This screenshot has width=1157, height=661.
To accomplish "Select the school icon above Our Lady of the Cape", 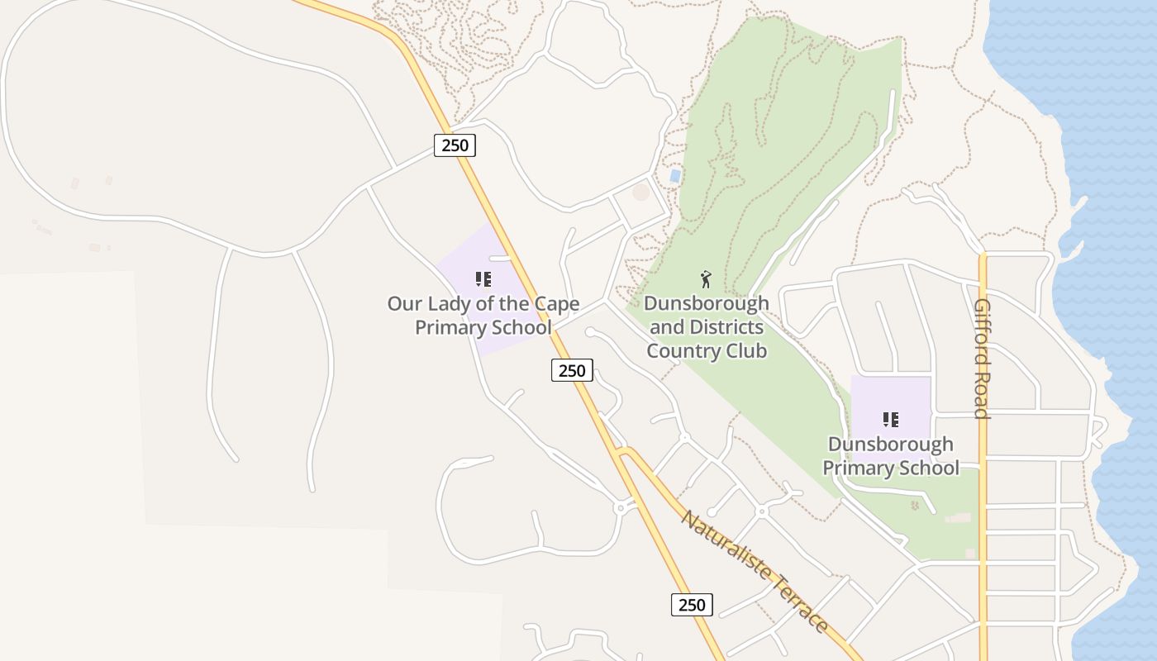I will tap(483, 279).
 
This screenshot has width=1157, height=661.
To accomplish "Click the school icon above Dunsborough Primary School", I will tap(890, 420).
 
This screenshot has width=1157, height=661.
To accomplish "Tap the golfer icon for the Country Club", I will tap(705, 278).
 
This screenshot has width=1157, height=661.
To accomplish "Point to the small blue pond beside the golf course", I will tap(675, 176).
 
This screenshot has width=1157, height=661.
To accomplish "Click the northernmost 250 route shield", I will tap(455, 145).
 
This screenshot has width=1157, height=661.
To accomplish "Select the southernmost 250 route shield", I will tap(691, 605).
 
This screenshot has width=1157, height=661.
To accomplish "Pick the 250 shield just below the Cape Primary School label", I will tap(572, 370).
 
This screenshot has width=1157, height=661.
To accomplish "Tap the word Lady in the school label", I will tap(448, 304).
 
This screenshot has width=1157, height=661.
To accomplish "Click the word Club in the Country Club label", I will tap(745, 351).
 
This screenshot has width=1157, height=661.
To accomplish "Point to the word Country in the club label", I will tap(681, 351).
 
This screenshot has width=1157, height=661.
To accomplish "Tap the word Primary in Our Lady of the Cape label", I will tap(449, 328).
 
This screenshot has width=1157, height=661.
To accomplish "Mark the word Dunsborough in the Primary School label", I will tap(890, 445).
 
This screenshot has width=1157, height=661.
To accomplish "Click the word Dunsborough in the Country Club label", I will tap(706, 304).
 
